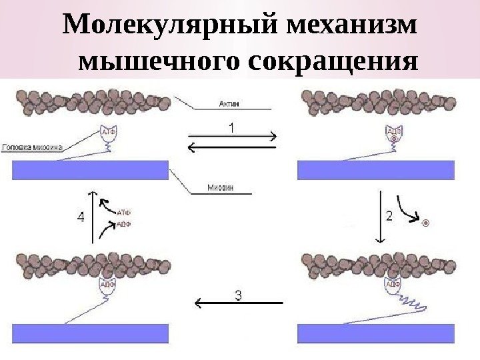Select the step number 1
click(x=231, y=126)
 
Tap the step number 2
click(x=389, y=215)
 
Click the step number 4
click(x=80, y=217)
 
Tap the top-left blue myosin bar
click(x=90, y=170)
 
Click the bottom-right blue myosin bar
click(x=375, y=333)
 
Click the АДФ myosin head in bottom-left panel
click(x=107, y=285)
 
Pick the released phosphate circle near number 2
click(x=425, y=223)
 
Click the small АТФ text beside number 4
click(x=124, y=213)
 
